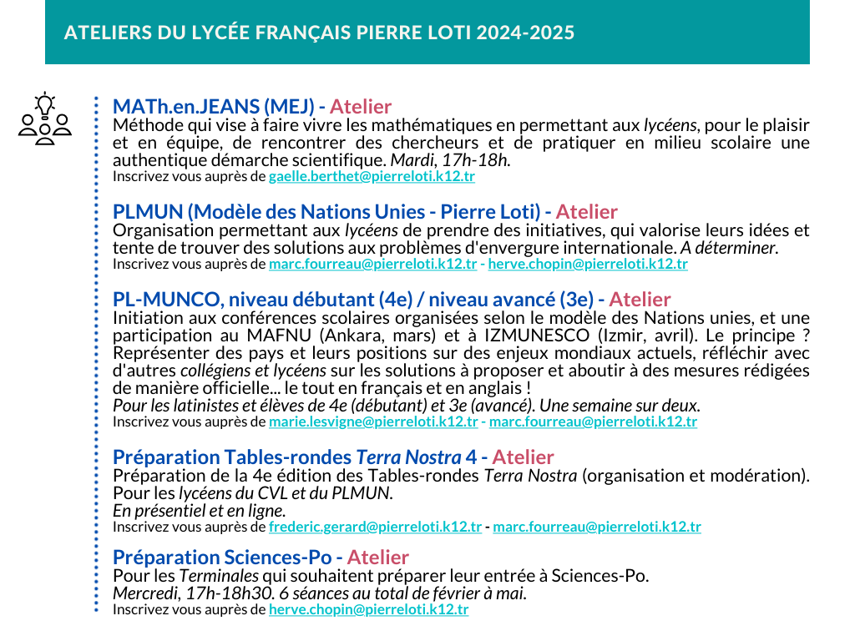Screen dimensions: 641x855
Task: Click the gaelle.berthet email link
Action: tap(372, 177)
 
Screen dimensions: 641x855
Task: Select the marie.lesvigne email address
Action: tap(373, 422)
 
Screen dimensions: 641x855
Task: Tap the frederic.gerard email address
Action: tap(375, 527)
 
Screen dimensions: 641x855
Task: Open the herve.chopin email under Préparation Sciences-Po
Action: tap(368, 609)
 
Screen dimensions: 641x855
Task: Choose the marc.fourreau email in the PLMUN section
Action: tap(373, 265)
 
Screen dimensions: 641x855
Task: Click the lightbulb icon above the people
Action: tap(44, 103)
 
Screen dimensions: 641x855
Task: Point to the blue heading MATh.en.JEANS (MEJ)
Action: tap(213, 107)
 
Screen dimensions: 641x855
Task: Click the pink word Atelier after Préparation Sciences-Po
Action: tap(377, 557)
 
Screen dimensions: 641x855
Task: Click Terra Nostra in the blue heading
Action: tap(408, 457)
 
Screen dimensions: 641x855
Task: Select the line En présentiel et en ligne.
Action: tap(199, 510)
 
